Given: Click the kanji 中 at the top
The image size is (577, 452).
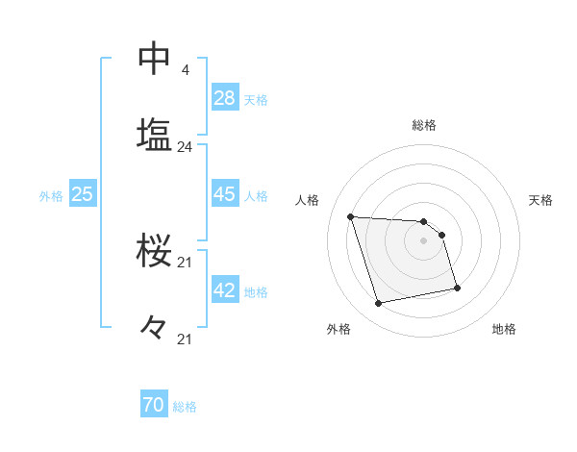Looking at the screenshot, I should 155,59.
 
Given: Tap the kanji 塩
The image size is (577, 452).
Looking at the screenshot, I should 155,136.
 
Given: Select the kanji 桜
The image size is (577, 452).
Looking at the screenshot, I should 155,252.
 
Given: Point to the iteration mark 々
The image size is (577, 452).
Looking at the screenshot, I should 155,329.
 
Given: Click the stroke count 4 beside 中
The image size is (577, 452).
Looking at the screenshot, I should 185,70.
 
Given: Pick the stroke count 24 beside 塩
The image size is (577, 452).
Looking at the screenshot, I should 185,147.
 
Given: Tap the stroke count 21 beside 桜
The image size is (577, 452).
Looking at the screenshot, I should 185,263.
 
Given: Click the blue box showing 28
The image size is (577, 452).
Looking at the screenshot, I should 225,98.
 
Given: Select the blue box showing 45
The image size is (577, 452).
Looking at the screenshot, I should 225,194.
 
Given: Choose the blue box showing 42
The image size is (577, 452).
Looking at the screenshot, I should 225,290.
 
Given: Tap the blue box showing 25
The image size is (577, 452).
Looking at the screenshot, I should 82,194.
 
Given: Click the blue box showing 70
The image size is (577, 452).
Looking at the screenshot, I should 154,406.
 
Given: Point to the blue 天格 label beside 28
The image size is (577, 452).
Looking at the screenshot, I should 256,99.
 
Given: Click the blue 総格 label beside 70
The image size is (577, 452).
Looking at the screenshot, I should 185,407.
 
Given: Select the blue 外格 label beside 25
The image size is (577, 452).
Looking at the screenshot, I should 51,195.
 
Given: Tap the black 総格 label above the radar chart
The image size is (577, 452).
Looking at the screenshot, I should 424,125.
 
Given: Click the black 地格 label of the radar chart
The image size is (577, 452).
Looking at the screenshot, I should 504,329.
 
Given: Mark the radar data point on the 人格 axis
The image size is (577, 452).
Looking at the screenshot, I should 350,216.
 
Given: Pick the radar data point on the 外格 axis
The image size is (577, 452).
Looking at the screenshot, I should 379,304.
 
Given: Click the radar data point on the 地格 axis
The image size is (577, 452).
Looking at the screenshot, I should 457,288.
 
